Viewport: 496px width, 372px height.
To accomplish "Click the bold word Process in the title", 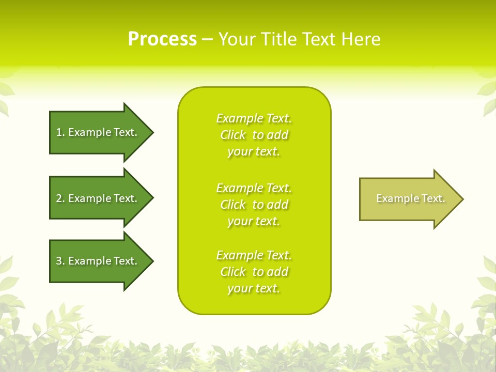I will point(162,39).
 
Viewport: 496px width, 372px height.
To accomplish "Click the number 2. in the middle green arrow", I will point(60,198).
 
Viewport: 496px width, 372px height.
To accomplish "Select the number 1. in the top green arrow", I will point(60,132).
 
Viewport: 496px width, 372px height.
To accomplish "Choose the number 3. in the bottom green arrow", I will point(60,261).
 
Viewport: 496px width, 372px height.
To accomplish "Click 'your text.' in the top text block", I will point(254,152).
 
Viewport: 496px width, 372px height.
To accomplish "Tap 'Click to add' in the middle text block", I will point(254,205).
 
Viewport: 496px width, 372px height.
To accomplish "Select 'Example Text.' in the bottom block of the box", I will point(254,255).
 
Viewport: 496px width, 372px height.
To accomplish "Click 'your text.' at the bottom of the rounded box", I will point(254,289).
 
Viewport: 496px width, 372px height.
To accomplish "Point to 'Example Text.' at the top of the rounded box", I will point(254,118).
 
